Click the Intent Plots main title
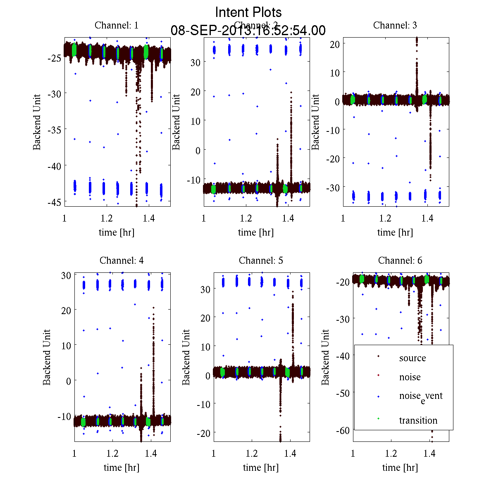pyautogui.click(x=248, y=12)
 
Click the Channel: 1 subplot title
pyautogui.click(x=117, y=25)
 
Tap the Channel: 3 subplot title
pyautogui.click(x=395, y=25)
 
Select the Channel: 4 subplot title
pyautogui.click(x=122, y=260)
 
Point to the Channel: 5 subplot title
pyautogui.click(x=261, y=260)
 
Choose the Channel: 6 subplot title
pyautogui.click(x=400, y=260)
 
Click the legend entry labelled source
pyautogui.click(x=412, y=358)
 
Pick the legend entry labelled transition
pyautogui.click(x=418, y=420)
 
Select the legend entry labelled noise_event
pyautogui.click(x=420, y=396)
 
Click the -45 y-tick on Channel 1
pyautogui.click(x=55, y=202)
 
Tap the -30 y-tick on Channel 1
pyautogui.click(x=55, y=94)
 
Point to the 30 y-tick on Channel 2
pyautogui.click(x=195, y=62)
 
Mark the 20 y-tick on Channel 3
pyautogui.click(x=334, y=44)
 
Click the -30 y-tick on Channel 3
pyautogui.click(x=333, y=187)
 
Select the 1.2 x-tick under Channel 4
pyautogui.click(x=112, y=453)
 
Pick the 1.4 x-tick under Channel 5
pyautogui.click(x=290, y=453)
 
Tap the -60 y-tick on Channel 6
pyautogui.click(x=343, y=430)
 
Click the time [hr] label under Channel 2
pyautogui.click(x=255, y=232)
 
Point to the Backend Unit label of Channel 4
pyautogui.click(x=47, y=357)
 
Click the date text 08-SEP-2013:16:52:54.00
pyautogui.click(x=248, y=31)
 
